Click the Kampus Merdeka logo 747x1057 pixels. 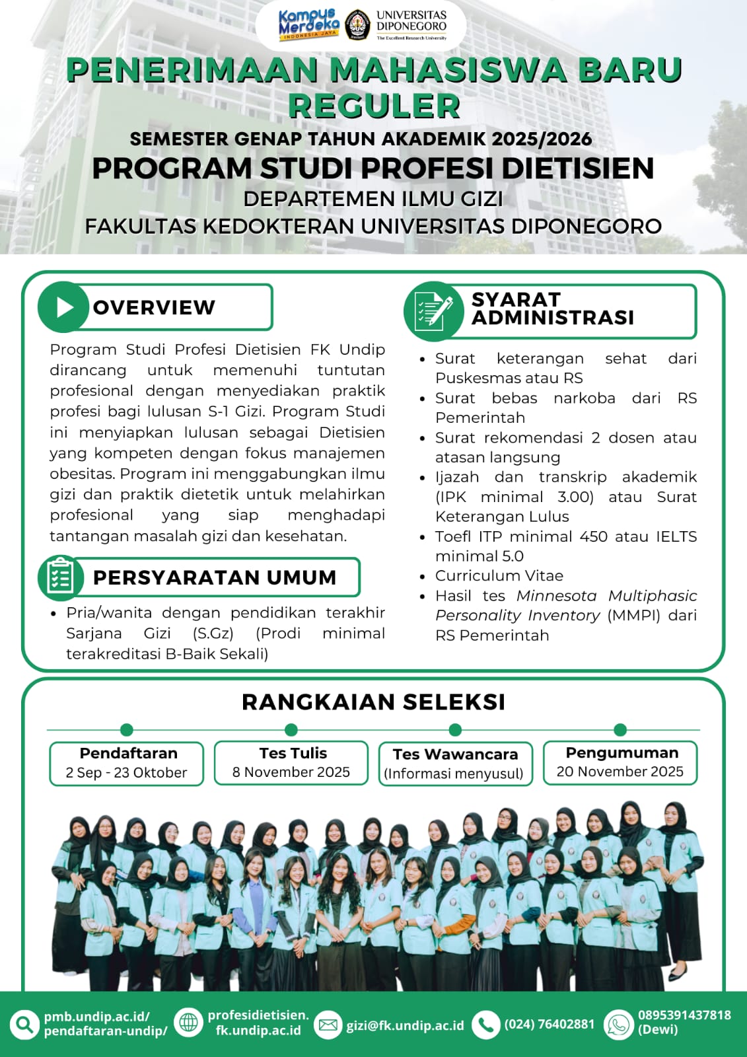(x=308, y=25)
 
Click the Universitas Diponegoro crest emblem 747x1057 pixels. (x=358, y=25)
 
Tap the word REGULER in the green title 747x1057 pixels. (x=374, y=106)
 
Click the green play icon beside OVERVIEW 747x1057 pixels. (x=63, y=307)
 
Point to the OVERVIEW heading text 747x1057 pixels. (x=154, y=307)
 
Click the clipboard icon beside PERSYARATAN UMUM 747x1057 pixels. (x=60, y=577)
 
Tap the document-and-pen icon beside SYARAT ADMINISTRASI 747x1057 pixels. (x=433, y=309)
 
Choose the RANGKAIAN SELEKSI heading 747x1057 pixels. (x=373, y=702)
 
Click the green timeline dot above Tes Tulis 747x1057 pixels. (x=291, y=729)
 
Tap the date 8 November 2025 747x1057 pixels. (x=291, y=772)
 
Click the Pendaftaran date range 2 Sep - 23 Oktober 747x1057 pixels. (x=126, y=773)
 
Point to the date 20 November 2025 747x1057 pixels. (x=620, y=772)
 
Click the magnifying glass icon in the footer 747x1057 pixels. (x=24, y=1025)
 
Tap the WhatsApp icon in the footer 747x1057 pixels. (x=618, y=1025)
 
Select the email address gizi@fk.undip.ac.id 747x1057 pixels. (x=405, y=1025)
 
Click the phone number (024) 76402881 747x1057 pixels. (x=550, y=1024)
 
